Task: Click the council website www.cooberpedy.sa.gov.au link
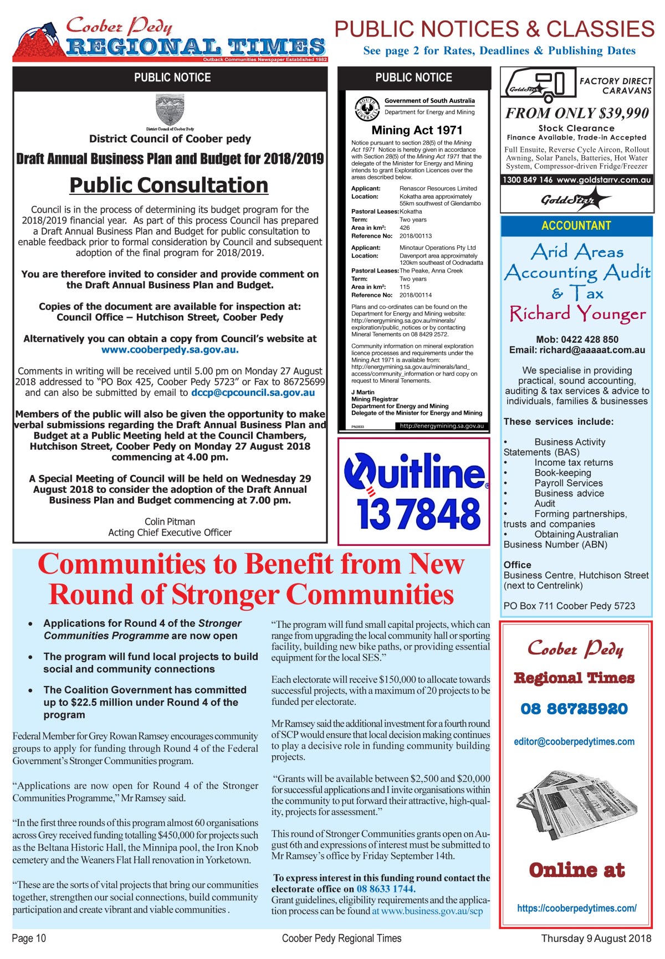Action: (170, 349)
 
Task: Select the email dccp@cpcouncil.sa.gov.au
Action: (253, 393)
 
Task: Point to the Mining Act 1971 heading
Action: (417, 130)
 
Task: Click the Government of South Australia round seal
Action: (366, 107)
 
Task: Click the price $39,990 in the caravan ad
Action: (620, 114)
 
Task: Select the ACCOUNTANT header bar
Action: (576, 225)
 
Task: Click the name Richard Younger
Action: (577, 314)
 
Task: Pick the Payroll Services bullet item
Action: (568, 483)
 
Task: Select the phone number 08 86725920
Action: (574, 709)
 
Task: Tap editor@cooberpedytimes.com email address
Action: (574, 741)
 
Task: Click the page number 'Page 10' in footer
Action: (29, 938)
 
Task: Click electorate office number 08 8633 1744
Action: (385, 889)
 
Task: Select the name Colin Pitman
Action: (170, 522)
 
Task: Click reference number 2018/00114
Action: (416, 295)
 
